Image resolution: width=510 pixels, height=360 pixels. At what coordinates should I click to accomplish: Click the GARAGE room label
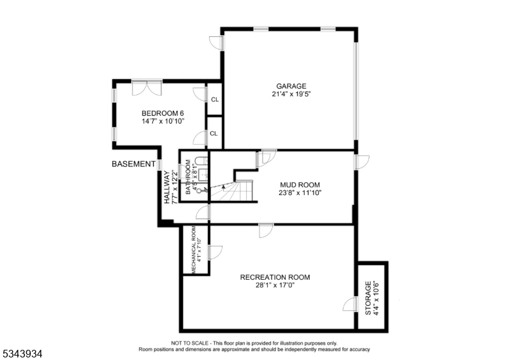tap(291, 86)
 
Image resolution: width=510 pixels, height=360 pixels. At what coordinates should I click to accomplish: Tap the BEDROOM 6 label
tap(163, 113)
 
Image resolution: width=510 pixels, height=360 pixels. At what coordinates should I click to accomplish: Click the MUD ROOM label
tap(300, 185)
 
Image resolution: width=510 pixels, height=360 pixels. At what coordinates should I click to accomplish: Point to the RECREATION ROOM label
tap(275, 277)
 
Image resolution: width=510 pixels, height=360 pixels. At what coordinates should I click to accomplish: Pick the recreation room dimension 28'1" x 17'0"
tap(275, 285)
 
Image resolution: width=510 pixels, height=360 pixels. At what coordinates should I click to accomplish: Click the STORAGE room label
tap(368, 298)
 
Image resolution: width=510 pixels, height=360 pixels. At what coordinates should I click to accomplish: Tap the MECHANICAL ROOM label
tap(193, 250)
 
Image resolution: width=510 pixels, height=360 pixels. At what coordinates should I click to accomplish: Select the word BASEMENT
tap(133, 164)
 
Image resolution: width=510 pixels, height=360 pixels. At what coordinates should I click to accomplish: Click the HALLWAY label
tap(167, 187)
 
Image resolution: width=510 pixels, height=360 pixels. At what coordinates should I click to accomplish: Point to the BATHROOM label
tap(188, 177)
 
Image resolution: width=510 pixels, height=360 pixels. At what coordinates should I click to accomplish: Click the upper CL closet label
tap(215, 99)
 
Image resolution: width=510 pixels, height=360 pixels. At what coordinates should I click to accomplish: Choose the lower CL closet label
tap(214, 134)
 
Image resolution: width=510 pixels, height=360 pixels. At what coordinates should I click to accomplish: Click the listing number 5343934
tap(22, 354)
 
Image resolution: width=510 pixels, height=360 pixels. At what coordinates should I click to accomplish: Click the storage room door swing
tap(349, 304)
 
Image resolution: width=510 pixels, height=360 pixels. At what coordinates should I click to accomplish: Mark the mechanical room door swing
tap(215, 252)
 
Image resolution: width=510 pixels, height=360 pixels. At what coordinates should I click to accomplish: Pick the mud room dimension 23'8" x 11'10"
tap(300, 193)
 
